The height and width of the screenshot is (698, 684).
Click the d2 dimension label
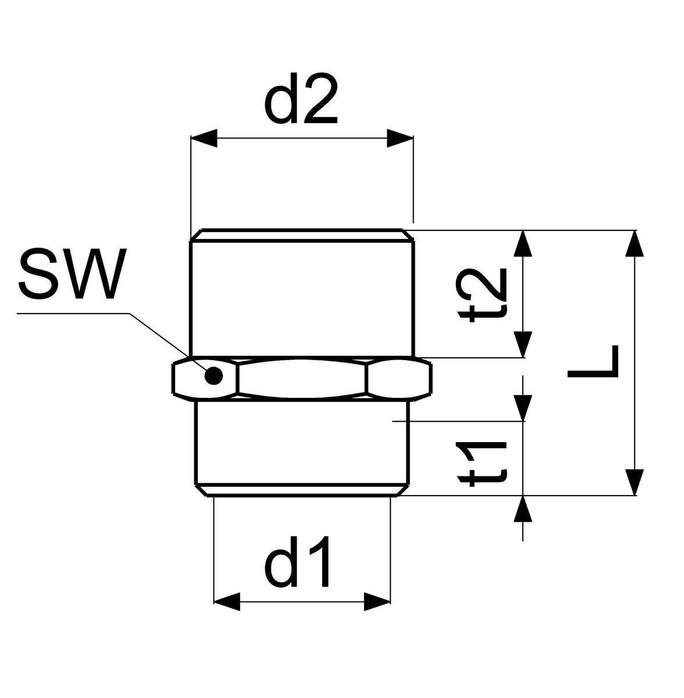[x=301, y=98]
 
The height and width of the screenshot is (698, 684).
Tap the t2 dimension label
[x=482, y=295]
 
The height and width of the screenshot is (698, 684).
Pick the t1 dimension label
[x=482, y=464]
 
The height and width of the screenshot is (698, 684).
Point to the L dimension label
[x=593, y=362]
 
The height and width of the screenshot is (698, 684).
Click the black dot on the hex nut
[x=213, y=376]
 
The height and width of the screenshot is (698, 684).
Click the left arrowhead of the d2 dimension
[x=204, y=138]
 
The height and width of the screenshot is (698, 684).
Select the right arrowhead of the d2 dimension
[x=400, y=138]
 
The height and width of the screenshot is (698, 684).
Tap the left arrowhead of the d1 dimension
[x=227, y=601]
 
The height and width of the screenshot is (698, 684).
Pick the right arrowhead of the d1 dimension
[x=377, y=601]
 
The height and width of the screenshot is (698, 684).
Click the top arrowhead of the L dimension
[x=635, y=243]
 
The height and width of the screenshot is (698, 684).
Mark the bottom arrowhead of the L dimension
[x=635, y=482]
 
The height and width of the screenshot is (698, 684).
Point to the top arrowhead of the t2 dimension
[x=523, y=243]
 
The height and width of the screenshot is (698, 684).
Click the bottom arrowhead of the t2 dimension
[x=523, y=344]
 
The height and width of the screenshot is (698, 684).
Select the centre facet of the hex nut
[x=302, y=379]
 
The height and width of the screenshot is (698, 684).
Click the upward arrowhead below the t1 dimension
[x=523, y=509]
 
